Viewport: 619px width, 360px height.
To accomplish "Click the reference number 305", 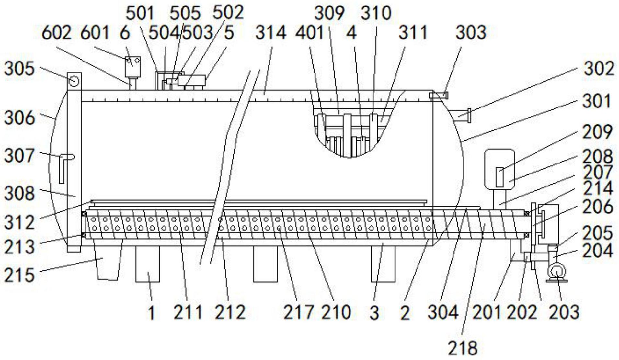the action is [19, 69].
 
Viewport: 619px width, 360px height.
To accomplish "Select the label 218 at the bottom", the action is [463, 348].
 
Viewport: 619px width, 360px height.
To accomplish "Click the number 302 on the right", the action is [599, 69].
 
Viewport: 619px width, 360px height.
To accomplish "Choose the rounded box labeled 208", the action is [499, 169].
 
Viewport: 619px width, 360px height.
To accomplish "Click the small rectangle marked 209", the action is [500, 177].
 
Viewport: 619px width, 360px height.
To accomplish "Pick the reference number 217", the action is [298, 312].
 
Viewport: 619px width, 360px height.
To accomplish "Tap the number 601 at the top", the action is [95, 33].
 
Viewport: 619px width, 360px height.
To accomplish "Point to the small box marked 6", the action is [133, 67].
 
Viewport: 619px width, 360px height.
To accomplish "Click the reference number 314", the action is [271, 33].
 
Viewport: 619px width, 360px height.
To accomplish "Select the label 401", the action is [310, 33].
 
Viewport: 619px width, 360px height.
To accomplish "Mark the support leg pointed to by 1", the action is [148, 264].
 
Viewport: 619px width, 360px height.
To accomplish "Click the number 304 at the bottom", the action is [443, 312].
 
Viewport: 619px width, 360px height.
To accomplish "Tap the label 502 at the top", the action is [228, 13].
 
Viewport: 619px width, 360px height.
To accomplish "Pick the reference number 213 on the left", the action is [19, 247].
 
